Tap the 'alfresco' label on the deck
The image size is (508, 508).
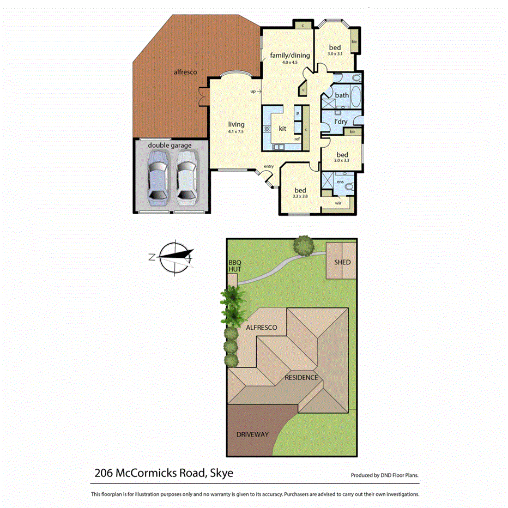tap(185, 71)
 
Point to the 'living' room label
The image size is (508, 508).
tap(236, 124)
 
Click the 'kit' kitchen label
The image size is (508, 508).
tap(282, 129)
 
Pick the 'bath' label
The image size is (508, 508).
tap(342, 95)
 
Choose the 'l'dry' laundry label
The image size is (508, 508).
tap(341, 122)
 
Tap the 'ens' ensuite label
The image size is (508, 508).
tap(340, 182)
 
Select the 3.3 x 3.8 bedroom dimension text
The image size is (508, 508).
tap(300, 196)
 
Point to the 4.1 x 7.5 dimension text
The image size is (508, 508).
tap(236, 131)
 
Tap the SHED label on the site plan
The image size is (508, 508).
tap(343, 262)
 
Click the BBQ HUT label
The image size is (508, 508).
tap(234, 266)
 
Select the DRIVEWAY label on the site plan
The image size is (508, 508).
tap(252, 434)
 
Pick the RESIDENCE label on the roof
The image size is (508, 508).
tap(301, 377)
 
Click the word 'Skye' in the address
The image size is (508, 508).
tap(221, 473)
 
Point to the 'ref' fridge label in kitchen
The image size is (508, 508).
tap(297, 138)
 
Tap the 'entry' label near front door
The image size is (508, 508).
tap(269, 166)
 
